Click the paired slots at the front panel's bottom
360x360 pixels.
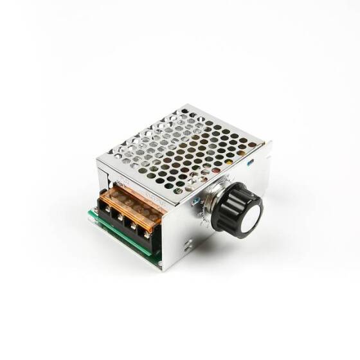click(x=187, y=245)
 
